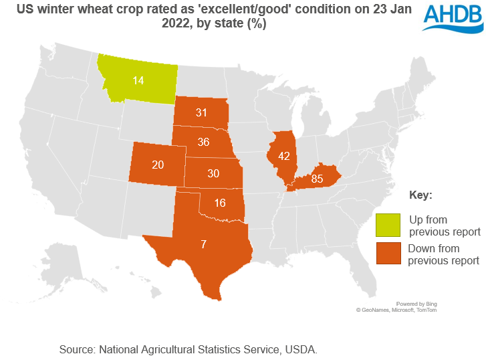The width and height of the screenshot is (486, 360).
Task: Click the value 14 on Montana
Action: pyautogui.click(x=138, y=80)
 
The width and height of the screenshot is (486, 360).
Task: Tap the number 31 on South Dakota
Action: pyautogui.click(x=201, y=113)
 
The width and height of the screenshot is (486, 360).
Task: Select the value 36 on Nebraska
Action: pyautogui.click(x=203, y=142)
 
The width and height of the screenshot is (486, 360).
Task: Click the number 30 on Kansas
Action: pyautogui.click(x=213, y=173)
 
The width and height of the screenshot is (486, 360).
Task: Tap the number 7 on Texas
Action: pyautogui.click(x=203, y=244)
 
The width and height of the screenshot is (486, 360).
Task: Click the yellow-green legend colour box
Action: pyautogui.click(x=388, y=226)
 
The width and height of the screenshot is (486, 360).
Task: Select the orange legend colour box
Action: pyautogui.click(x=388, y=254)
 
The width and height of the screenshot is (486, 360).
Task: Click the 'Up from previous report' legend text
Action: pyautogui.click(x=445, y=226)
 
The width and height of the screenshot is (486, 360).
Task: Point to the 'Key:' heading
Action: pyautogui.click(x=420, y=195)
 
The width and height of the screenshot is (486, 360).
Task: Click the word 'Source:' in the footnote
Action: pyautogui.click(x=78, y=349)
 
